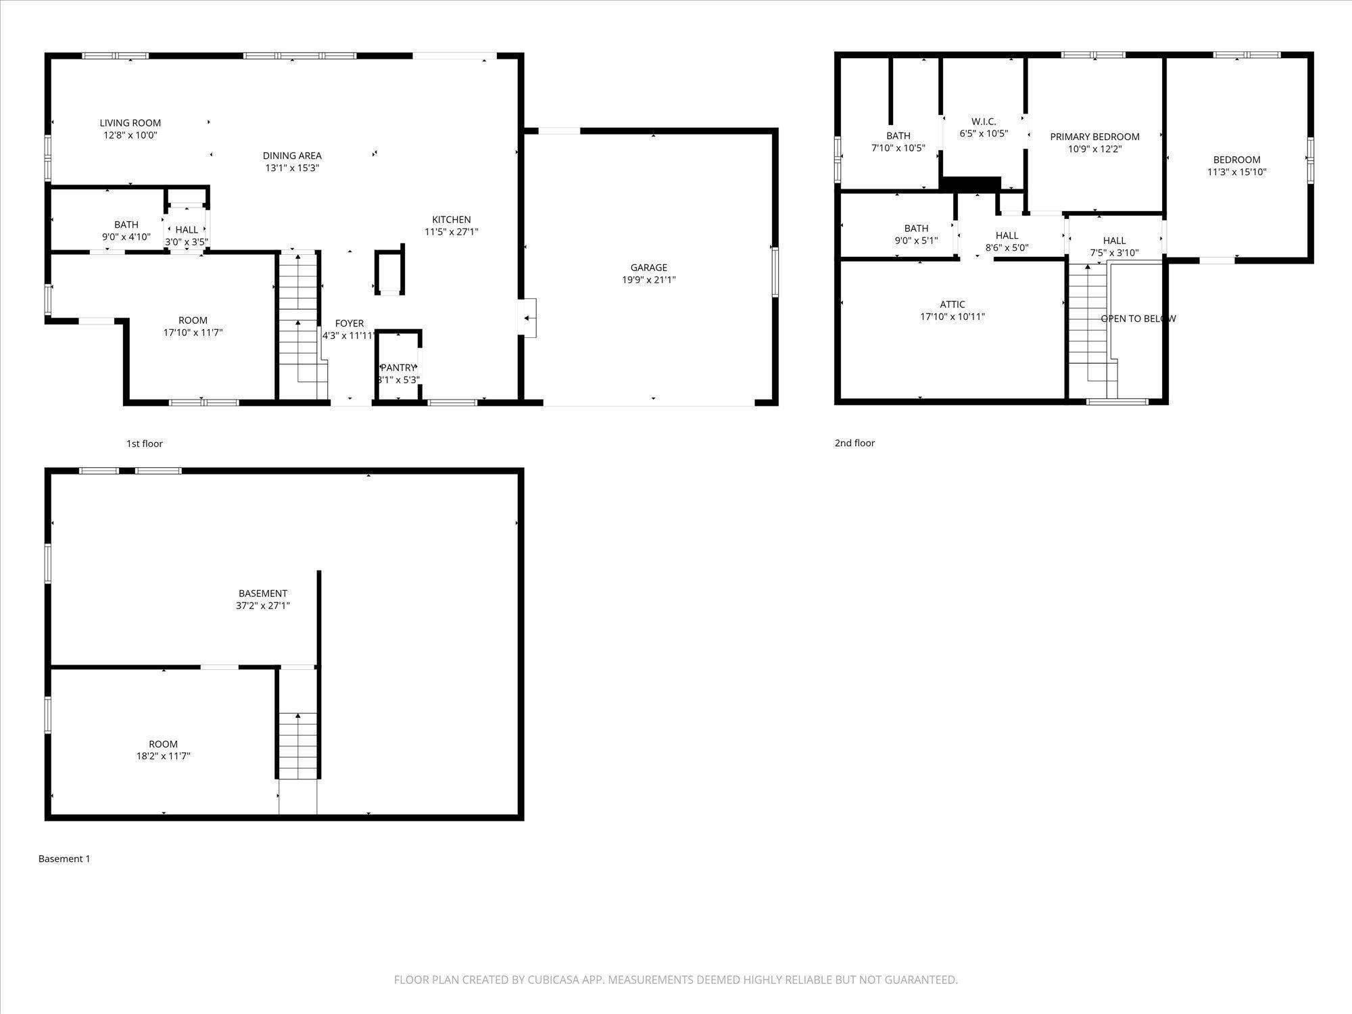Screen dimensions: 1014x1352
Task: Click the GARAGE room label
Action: pyautogui.click(x=648, y=268)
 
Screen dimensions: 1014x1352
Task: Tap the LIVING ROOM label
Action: pyautogui.click(x=130, y=123)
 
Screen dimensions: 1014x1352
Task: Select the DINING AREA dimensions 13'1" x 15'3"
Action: pyautogui.click(x=291, y=168)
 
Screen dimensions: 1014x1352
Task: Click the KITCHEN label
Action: pyautogui.click(x=451, y=220)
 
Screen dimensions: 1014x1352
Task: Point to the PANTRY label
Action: pyautogui.click(x=398, y=368)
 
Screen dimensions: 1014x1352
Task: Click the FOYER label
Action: pyautogui.click(x=349, y=324)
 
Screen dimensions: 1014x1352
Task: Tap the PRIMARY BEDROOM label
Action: pyautogui.click(x=1094, y=137)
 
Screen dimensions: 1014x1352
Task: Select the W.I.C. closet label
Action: pyautogui.click(x=984, y=122)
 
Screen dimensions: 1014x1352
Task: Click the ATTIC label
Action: pyautogui.click(x=952, y=305)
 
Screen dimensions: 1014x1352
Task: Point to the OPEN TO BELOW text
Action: pyautogui.click(x=1138, y=318)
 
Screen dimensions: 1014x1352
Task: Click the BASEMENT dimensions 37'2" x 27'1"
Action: pyautogui.click(x=262, y=606)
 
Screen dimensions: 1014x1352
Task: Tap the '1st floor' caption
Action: pyautogui.click(x=144, y=443)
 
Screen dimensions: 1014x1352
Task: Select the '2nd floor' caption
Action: pyautogui.click(x=854, y=443)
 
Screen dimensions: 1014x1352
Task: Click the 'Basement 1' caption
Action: pyautogui.click(x=64, y=859)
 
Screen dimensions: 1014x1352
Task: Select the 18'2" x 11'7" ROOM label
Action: pyautogui.click(x=163, y=744)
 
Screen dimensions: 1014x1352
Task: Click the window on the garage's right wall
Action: pyautogui.click(x=775, y=272)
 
